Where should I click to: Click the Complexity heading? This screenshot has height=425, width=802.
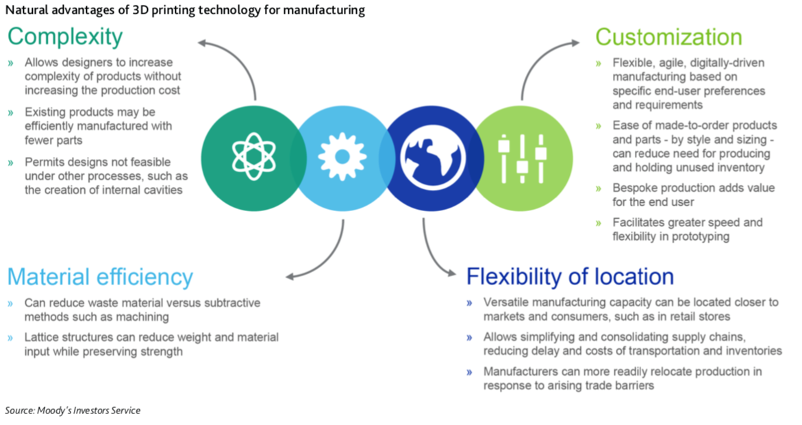pyautogui.click(x=65, y=36)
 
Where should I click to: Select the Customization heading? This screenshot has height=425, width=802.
pyautogui.click(x=668, y=36)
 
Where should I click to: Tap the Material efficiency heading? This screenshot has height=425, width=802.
pyautogui.click(x=100, y=277)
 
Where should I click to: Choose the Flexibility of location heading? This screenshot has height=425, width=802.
pyautogui.click(x=570, y=277)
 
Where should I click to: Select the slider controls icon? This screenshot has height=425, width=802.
pyautogui.click(x=522, y=156)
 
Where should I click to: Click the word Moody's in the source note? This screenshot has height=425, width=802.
pyautogui.click(x=55, y=411)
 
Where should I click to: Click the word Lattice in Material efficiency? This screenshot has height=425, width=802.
pyautogui.click(x=41, y=338)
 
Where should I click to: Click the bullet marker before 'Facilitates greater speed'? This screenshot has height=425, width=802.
pyautogui.click(x=599, y=223)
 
